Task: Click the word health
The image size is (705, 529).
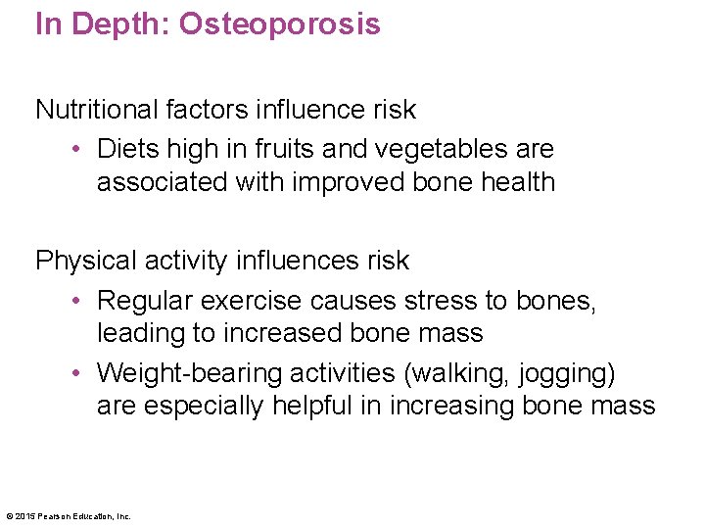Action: (x=512, y=182)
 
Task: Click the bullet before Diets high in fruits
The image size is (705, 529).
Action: (x=75, y=150)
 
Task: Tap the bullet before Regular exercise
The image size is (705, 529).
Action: (x=75, y=301)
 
